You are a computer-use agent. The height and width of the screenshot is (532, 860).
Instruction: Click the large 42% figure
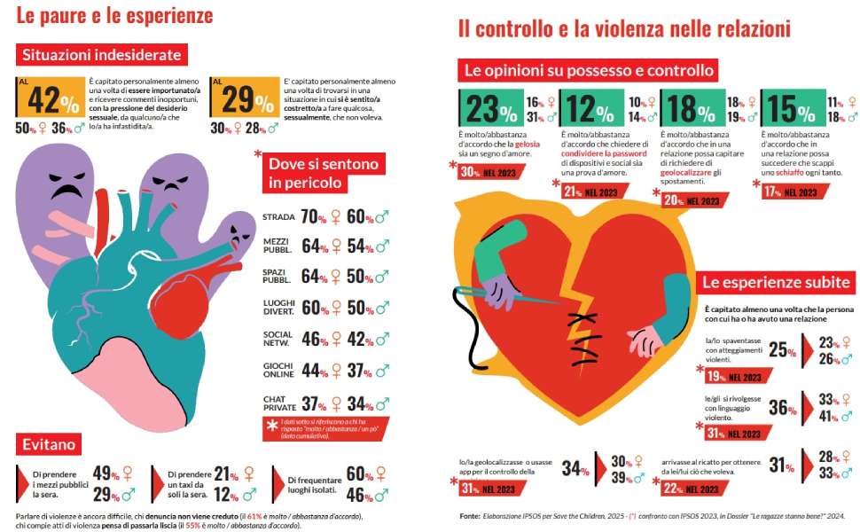pyautogui.click(x=52, y=99)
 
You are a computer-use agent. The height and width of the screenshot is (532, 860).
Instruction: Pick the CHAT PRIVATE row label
pyautogui.click(x=278, y=403)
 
